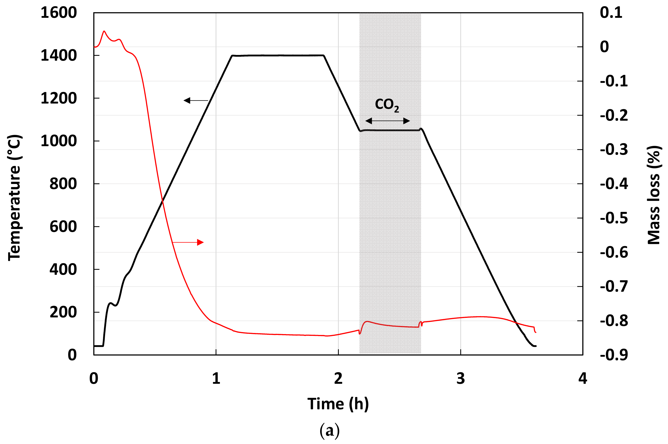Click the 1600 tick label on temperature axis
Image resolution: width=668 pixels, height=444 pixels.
(59, 13)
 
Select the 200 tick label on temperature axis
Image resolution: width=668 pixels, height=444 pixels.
(63, 312)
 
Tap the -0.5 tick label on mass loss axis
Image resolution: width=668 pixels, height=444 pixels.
(614, 218)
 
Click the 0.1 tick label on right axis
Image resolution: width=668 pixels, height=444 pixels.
(611, 13)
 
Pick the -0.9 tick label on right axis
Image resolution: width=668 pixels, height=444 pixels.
(614, 355)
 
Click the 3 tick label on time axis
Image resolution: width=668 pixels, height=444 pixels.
(461, 378)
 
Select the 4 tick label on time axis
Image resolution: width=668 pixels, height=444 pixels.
(583, 378)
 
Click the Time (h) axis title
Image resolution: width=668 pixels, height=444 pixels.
(338, 404)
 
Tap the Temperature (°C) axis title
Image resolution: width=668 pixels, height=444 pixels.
(14, 198)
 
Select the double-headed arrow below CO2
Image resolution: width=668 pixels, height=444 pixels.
(387, 121)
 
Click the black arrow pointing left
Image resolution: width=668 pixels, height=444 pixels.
(196, 100)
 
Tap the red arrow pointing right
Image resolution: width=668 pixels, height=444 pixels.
(188, 242)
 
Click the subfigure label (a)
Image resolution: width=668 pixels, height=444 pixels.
(329, 431)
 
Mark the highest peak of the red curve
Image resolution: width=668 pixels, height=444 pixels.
(104, 31)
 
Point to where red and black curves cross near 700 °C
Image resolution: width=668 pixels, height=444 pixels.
(162, 201)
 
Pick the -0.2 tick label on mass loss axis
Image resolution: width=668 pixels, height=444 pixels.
(614, 115)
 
